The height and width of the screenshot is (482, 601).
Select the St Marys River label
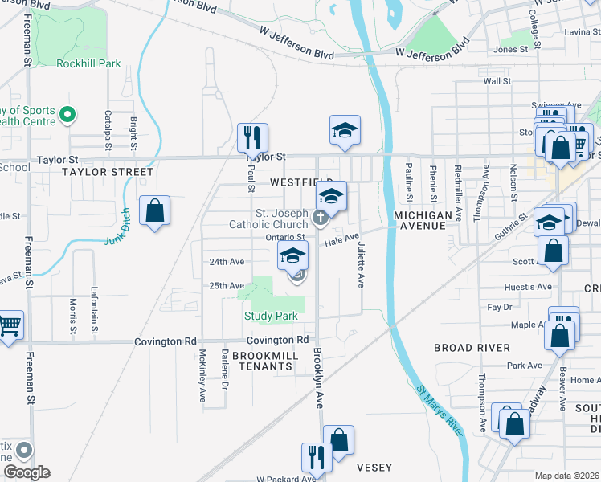point(441,410)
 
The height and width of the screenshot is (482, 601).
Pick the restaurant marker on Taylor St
point(252,138)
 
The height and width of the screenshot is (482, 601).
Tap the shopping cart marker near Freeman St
point(8,326)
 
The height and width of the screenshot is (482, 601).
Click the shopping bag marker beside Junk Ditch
point(154,212)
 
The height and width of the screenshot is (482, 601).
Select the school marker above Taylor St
point(345,131)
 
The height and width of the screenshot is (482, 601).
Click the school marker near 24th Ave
point(293,256)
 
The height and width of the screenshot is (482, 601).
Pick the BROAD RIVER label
point(472,348)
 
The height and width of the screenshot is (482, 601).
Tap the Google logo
point(27,472)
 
